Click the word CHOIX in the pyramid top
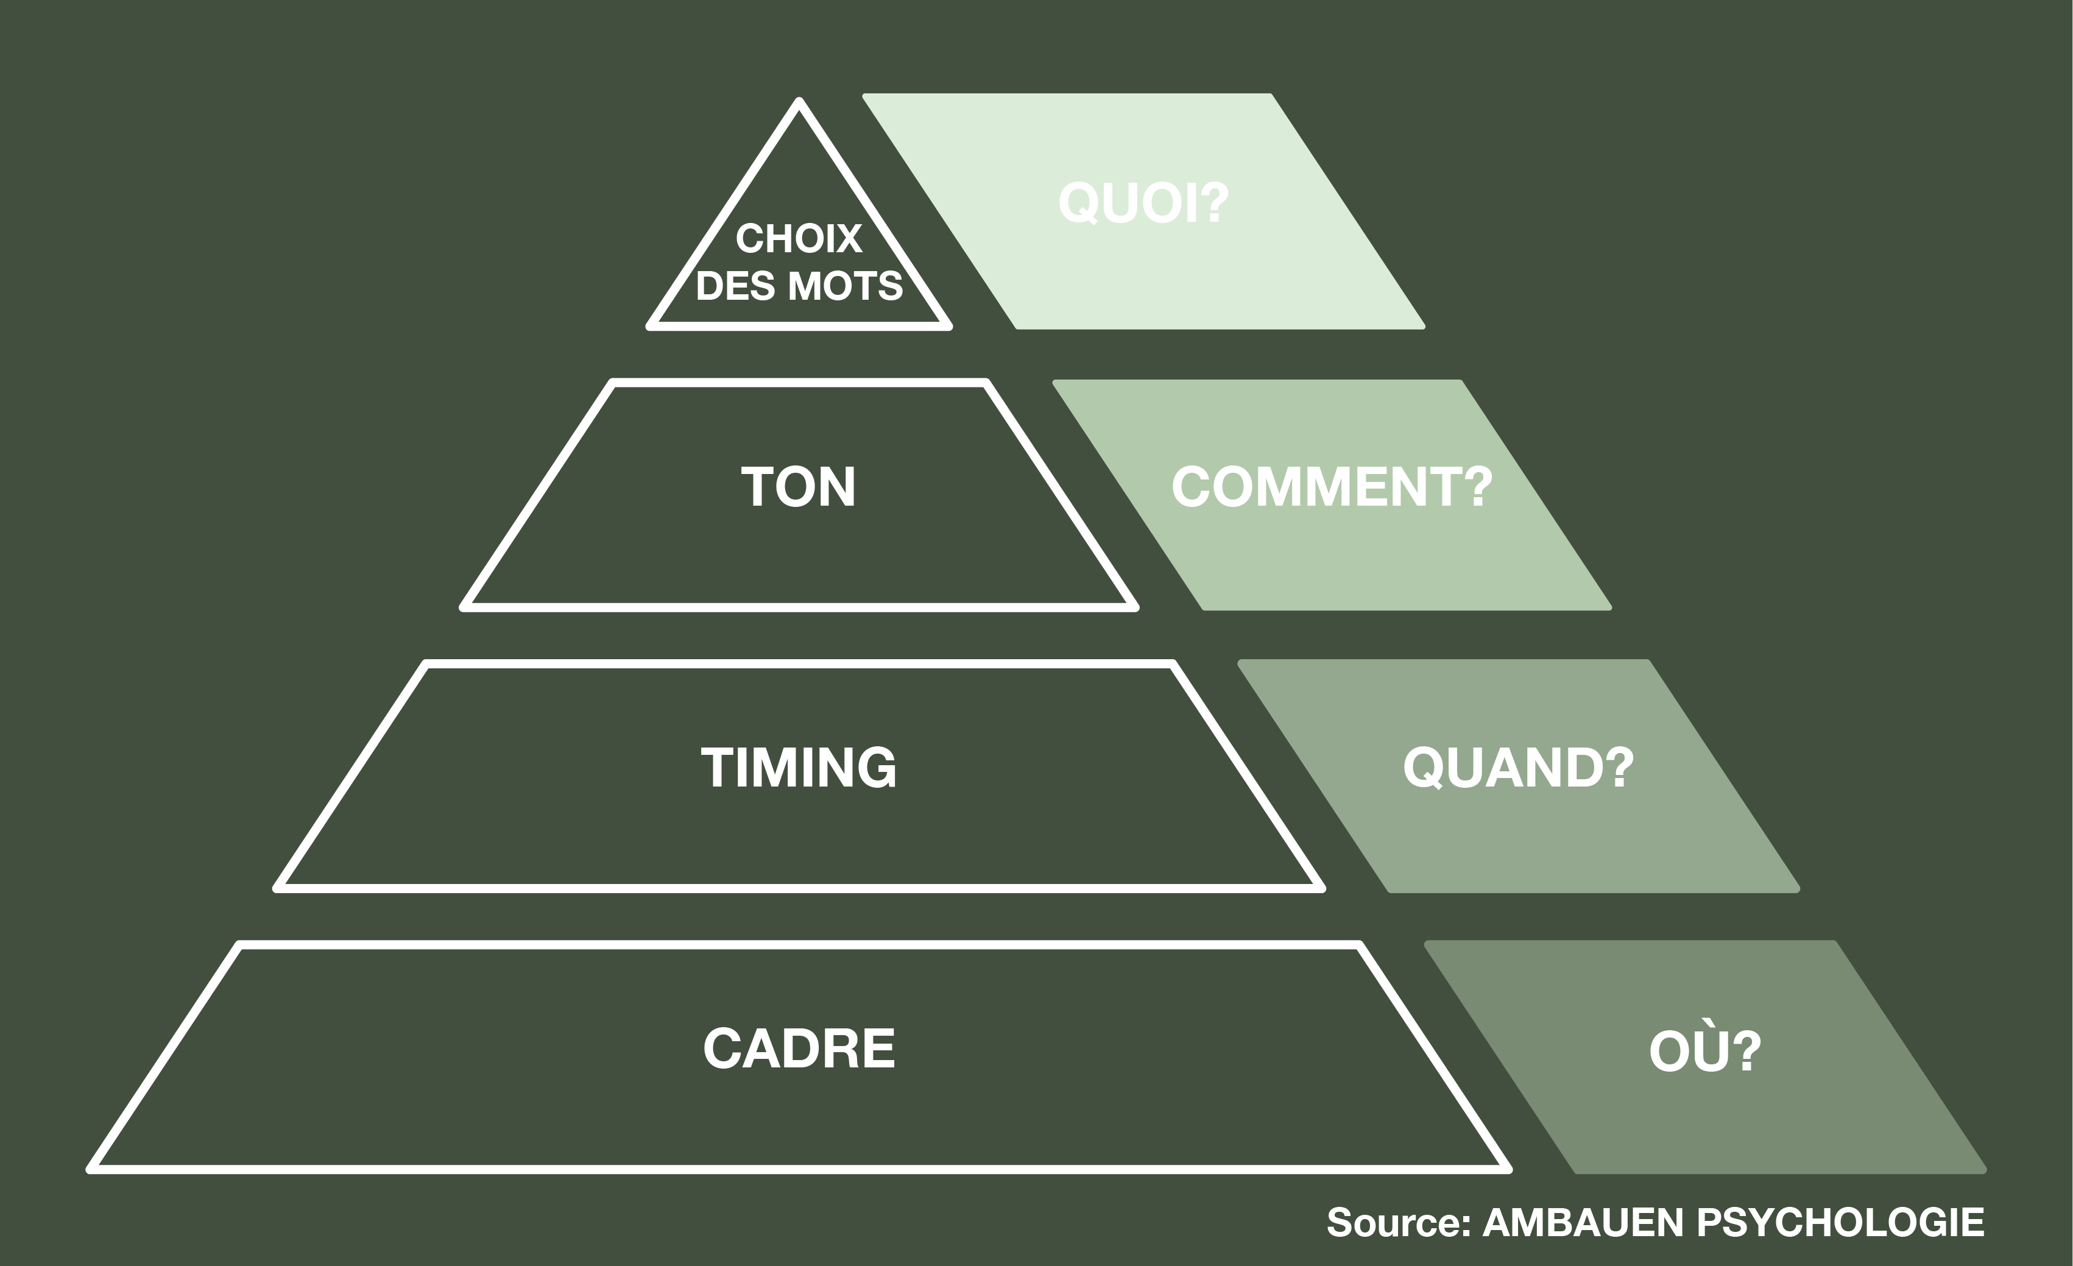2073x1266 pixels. [799, 239]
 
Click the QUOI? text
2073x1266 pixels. [1143, 203]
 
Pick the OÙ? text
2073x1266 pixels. [1704, 1050]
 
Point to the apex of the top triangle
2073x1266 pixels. [799, 102]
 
